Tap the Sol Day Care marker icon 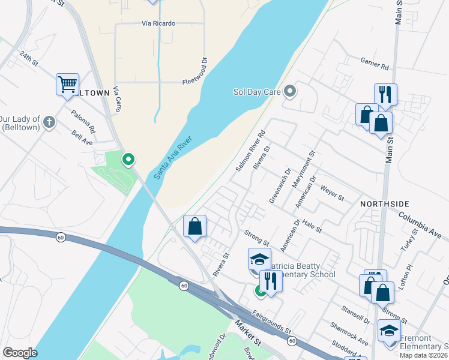pyautogui.click(x=291, y=92)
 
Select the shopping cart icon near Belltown pyautogui.click(x=67, y=83)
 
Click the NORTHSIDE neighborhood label pyautogui.click(x=384, y=205)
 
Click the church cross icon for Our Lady pyautogui.click(x=49, y=123)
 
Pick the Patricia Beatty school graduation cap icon pyautogui.click(x=259, y=259)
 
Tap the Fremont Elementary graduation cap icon pyautogui.click(x=389, y=330)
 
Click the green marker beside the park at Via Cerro pyautogui.click(x=128, y=160)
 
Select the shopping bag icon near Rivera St pyautogui.click(x=194, y=226)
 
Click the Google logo pyautogui.click(x=20, y=353)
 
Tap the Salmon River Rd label pyautogui.click(x=250, y=152)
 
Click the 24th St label pyautogui.click(x=28, y=58)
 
